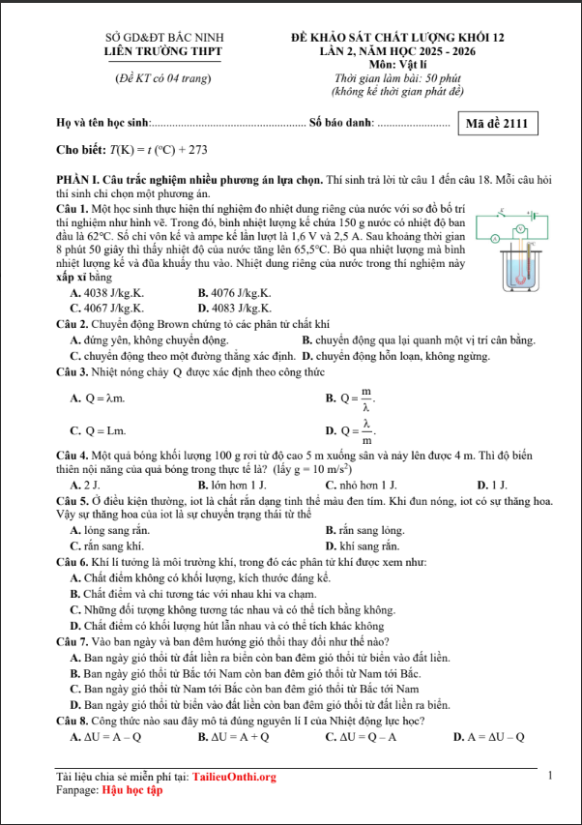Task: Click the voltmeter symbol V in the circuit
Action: tap(519, 229)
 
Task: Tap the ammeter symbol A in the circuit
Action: tap(495, 238)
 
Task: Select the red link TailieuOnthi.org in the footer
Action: tap(234, 777)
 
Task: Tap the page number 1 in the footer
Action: tap(549, 776)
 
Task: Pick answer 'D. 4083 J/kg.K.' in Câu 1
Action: tap(235, 308)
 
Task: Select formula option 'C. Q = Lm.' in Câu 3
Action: tap(98, 430)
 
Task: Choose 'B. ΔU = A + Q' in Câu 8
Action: tap(233, 737)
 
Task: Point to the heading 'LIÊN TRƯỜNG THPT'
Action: tap(163, 50)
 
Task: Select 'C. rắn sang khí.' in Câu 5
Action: tap(106, 546)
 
